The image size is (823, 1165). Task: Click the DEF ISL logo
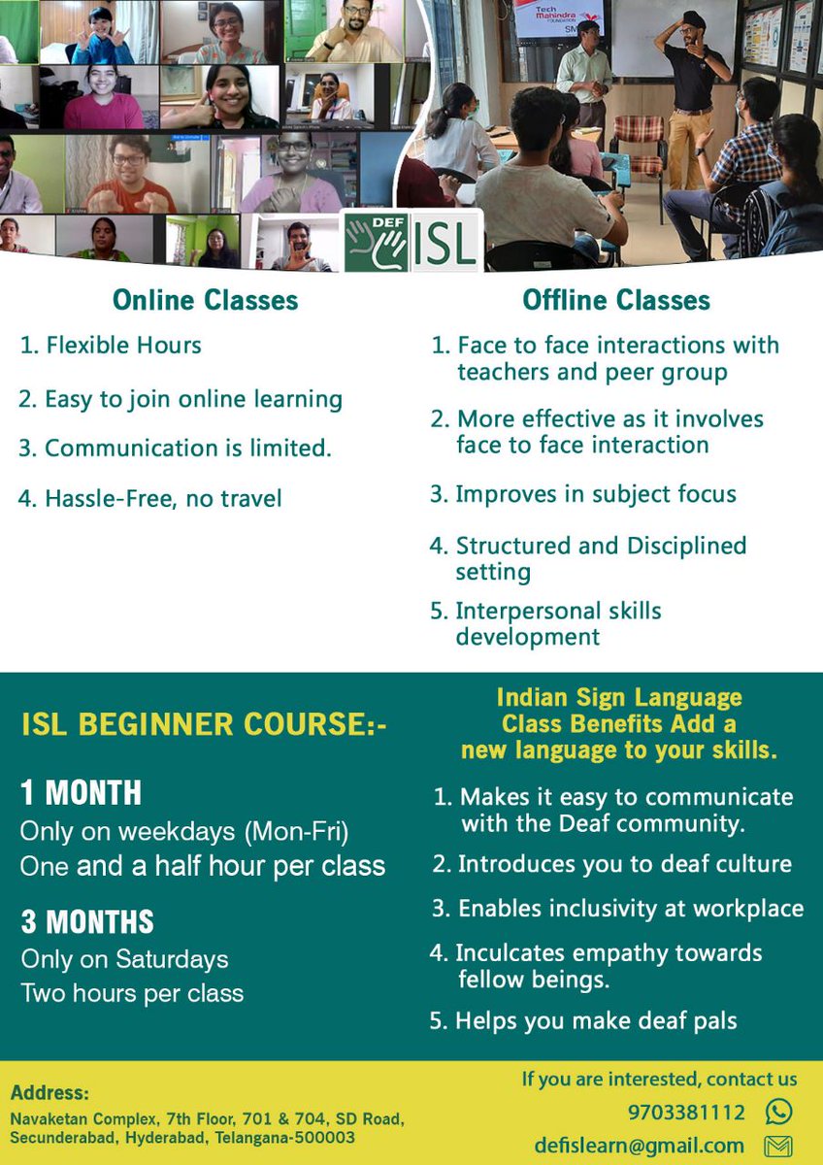point(412,241)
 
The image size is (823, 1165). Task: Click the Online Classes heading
point(205,300)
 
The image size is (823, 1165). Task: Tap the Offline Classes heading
point(616,300)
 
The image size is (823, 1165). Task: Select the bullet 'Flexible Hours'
point(122,345)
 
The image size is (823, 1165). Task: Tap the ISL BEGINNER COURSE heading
point(204,724)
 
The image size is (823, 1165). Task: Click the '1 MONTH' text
point(82,793)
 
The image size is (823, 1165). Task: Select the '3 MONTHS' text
point(87,920)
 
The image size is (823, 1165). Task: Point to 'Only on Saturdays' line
point(125,959)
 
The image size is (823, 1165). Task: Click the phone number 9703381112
point(686,1113)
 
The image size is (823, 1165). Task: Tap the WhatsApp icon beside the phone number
point(777,1112)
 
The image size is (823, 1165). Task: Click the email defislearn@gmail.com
point(639,1146)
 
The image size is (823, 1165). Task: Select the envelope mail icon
point(777,1147)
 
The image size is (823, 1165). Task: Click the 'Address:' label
point(49,1092)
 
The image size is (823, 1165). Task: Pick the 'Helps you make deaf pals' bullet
point(596,1020)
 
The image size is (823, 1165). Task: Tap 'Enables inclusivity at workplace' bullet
point(630,909)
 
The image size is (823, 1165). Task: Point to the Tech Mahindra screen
point(560,17)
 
